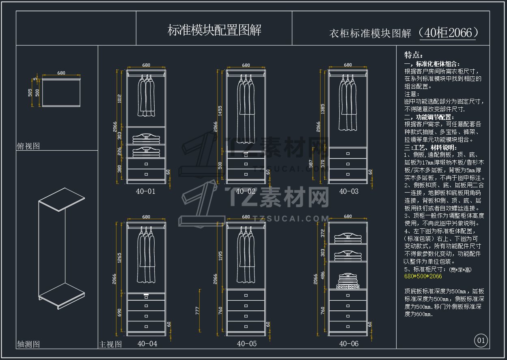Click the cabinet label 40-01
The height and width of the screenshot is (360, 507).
[145, 191]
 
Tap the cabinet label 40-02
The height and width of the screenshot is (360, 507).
[246, 191]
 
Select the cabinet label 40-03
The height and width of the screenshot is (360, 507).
[349, 191]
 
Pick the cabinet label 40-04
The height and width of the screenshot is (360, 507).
[147, 344]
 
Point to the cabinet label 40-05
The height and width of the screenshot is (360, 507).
[247, 344]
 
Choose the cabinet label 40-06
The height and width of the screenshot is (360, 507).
[349, 344]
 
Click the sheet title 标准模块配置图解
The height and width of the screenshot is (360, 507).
[214, 30]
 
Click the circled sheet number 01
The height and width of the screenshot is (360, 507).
[481, 340]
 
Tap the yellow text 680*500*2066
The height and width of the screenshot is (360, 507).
[423, 276]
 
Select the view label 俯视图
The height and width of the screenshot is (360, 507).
[28, 146]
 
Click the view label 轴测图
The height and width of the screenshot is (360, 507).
[28, 344]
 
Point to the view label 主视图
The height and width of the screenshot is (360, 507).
[110, 344]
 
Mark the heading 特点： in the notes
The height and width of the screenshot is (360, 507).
[414, 55]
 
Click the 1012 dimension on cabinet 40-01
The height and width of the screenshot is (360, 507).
[120, 99]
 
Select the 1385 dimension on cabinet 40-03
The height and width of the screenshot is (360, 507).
[323, 109]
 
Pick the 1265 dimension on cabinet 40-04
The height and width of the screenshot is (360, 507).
[119, 257]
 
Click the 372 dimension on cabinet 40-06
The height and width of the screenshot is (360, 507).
[323, 233]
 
